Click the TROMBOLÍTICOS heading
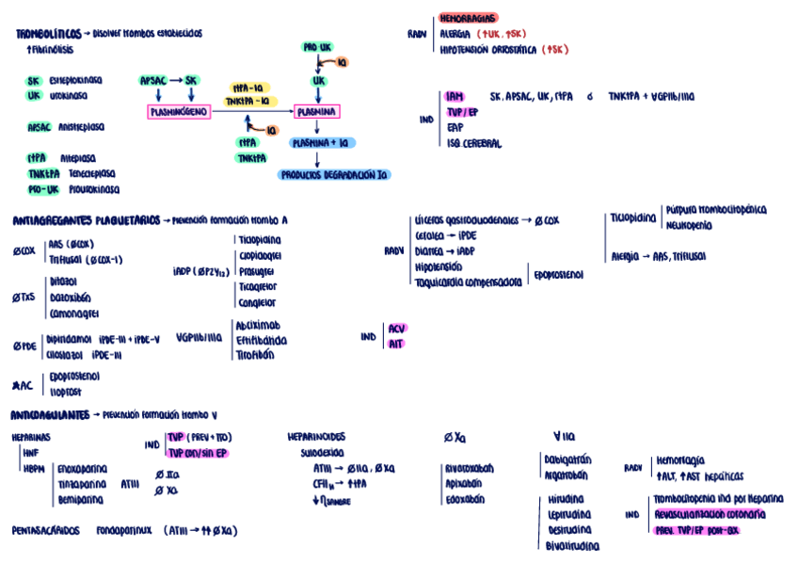pyautogui.click(x=47, y=34)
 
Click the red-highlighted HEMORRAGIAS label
pyautogui.click(x=468, y=18)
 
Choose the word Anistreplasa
pyautogui.click(x=82, y=126)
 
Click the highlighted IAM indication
pyautogui.click(x=455, y=96)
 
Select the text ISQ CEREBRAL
pyautogui.click(x=474, y=144)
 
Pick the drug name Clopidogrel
pyautogui.click(x=259, y=255)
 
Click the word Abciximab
pyautogui.click(x=257, y=324)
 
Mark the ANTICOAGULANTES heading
pyautogui.click(x=51, y=414)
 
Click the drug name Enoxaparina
pyautogui.click(x=83, y=468)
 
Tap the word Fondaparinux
pyautogui.click(x=124, y=531)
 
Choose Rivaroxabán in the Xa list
pyautogui.click(x=470, y=468)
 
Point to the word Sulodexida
pyautogui.click(x=322, y=452)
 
